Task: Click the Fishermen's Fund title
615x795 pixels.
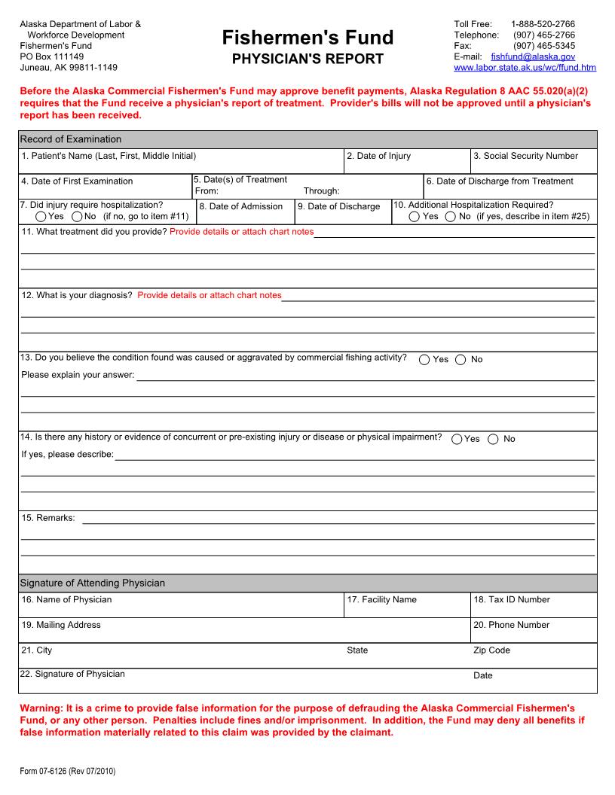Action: click(307, 38)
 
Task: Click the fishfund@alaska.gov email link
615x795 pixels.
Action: click(532, 56)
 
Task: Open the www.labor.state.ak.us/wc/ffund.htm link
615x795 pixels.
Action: click(525, 67)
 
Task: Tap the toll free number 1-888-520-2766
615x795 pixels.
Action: click(543, 24)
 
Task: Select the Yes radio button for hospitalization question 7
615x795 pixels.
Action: click(41, 217)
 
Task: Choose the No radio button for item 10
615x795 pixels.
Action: click(450, 217)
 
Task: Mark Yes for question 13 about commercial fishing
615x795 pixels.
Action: click(425, 360)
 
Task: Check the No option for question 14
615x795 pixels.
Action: click(493, 440)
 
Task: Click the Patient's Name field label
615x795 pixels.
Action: click(109, 156)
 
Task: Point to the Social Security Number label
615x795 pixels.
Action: click(525, 156)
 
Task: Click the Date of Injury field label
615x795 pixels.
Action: click(378, 156)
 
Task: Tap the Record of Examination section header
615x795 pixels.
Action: click(70, 139)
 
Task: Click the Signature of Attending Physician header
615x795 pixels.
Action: click(92, 583)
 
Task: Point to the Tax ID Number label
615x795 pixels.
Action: click(511, 600)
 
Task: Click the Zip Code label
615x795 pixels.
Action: click(491, 650)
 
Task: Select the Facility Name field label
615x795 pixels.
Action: click(381, 600)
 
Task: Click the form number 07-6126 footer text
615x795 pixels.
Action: click(67, 772)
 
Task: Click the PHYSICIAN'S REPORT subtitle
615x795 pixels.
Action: click(307, 59)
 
